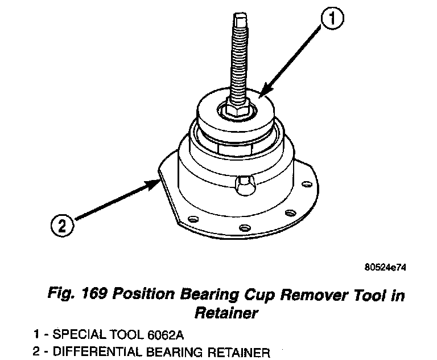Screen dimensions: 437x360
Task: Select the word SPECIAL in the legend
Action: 75,334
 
